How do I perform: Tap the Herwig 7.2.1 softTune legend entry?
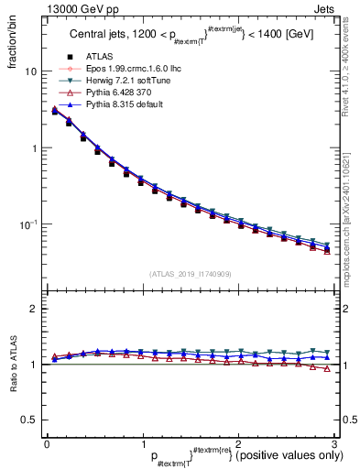[116, 80]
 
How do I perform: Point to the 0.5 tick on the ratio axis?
[27, 420]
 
